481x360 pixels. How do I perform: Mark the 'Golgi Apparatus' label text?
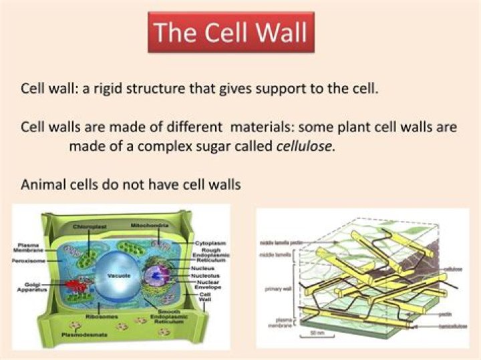pyautogui.click(x=30, y=288)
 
